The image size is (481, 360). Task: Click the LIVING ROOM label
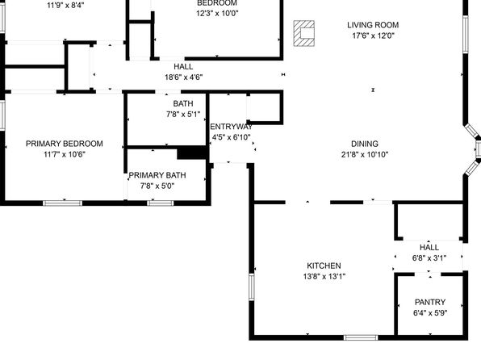[373, 25]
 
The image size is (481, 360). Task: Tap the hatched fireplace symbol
[304, 33]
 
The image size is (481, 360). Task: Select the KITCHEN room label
[324, 266]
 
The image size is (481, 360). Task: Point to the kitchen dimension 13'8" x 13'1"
[324, 276]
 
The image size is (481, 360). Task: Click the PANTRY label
[430, 302]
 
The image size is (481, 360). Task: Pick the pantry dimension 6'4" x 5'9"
[430, 313]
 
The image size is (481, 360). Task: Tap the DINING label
[365, 144]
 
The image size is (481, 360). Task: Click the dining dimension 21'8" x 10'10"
[365, 154]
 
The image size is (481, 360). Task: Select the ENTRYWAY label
[231, 127]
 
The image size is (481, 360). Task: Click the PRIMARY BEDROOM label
[65, 144]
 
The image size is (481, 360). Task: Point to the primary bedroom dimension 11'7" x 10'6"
[65, 154]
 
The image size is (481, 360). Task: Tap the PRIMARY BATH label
[157, 175]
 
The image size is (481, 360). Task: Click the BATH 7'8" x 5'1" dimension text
[183, 115]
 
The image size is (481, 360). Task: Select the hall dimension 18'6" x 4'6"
[183, 77]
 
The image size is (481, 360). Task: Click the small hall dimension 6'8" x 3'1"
[429, 258]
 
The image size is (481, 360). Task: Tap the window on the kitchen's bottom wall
[361, 337]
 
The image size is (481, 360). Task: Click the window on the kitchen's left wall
[252, 287]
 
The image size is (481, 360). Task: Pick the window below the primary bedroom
[63, 203]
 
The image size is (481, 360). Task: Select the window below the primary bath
[160, 203]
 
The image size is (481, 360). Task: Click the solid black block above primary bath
[192, 153]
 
